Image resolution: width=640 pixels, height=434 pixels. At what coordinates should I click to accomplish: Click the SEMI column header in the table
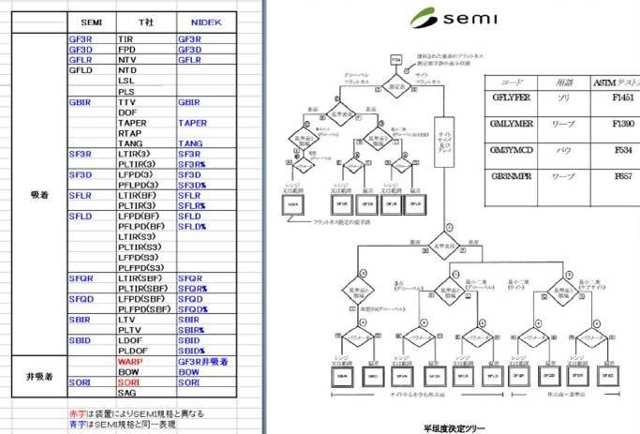[92, 22]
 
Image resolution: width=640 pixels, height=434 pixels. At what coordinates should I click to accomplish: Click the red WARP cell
[129, 361]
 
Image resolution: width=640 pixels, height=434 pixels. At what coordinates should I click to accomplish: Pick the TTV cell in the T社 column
[126, 102]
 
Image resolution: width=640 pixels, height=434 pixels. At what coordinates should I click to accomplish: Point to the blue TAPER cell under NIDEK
[192, 123]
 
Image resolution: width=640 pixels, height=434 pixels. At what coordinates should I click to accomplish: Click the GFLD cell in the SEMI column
[82, 70]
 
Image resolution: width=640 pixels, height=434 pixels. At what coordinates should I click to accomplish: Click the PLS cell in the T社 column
[126, 91]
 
